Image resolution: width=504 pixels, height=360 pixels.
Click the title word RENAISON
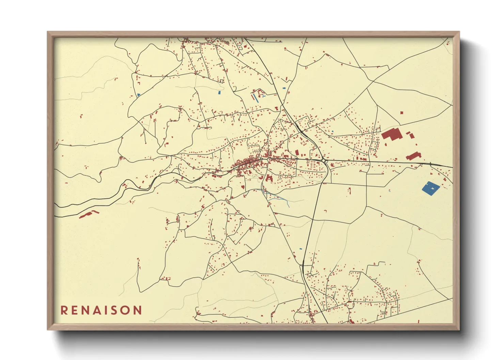[101, 310]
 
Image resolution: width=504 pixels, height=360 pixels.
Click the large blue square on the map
[431, 188]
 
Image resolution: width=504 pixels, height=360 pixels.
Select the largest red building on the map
[392, 134]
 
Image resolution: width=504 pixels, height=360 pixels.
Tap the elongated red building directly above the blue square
[413, 156]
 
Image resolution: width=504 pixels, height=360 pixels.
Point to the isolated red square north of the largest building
[401, 112]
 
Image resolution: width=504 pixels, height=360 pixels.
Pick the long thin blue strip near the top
[254, 98]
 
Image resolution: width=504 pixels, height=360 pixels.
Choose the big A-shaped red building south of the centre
[269, 178]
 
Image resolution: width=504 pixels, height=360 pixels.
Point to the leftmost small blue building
[139, 95]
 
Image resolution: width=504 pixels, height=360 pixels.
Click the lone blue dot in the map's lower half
[300, 249]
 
